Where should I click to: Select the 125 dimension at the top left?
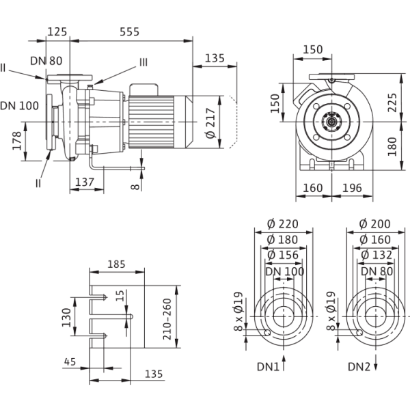(x=58, y=32)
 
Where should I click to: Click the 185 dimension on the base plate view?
(x=118, y=262)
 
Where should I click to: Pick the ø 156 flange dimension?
(x=280, y=255)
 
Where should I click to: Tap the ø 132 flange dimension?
(x=372, y=255)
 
